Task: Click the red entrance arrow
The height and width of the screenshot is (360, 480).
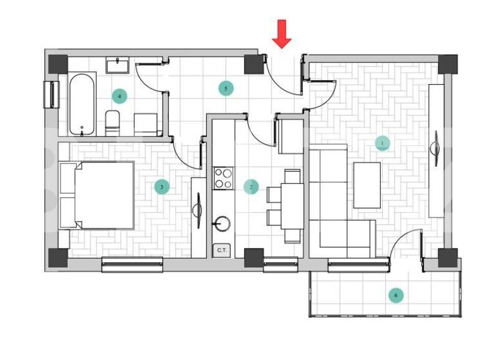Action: [x=282, y=33]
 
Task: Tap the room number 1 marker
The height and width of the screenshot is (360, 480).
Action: [x=382, y=143]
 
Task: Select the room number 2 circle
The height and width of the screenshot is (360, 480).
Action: [x=251, y=187]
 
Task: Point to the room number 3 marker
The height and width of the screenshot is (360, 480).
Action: [x=161, y=187]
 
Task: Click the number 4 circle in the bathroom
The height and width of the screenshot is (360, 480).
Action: [x=119, y=96]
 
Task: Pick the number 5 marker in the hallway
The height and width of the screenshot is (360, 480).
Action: [x=226, y=88]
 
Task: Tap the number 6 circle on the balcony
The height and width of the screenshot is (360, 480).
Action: [x=395, y=295]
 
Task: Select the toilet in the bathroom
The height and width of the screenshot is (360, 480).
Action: [x=113, y=122]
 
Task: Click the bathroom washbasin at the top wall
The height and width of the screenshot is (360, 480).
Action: [x=117, y=65]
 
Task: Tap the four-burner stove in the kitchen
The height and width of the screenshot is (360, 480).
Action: [x=223, y=179]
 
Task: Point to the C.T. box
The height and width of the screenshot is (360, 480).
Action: [x=221, y=250]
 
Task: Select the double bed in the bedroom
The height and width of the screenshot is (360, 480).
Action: [x=98, y=196]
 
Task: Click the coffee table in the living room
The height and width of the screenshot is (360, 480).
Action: [x=367, y=185]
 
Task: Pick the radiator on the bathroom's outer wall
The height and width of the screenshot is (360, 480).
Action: [x=50, y=94]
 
